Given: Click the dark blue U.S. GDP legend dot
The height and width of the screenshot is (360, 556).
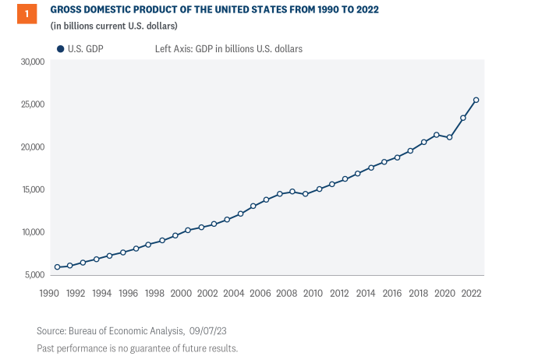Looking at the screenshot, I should pos(60,48).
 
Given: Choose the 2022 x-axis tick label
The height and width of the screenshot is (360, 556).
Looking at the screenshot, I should pos(471,293).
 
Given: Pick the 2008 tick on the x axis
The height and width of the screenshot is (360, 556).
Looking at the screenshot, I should pos(286,293).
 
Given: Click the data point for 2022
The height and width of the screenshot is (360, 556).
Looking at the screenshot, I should pos(476,100).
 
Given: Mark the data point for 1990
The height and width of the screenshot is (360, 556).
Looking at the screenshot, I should pos(57,267).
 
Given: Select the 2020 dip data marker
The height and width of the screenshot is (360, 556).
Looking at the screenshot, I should pos(450,137).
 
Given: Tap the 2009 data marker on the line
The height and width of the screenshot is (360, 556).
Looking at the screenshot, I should pos(306,194).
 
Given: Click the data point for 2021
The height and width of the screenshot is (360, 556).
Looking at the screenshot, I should pos(463,118).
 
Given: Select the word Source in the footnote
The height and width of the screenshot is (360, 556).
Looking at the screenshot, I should pos(52,330).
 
